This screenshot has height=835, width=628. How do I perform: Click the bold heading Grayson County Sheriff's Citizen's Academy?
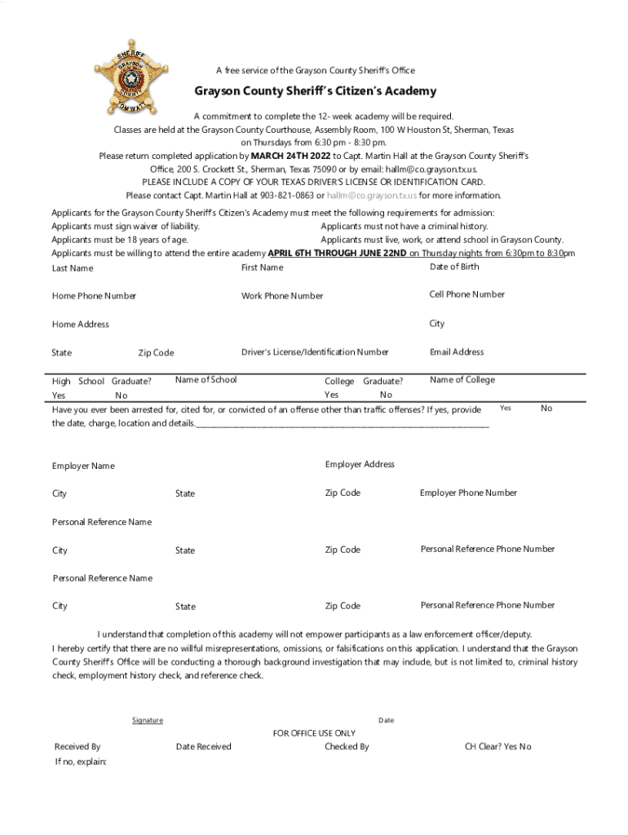(315, 91)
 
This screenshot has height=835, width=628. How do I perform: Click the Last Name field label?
(73, 268)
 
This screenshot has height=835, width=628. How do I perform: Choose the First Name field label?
(263, 267)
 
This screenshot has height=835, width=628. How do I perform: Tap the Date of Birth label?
(454, 267)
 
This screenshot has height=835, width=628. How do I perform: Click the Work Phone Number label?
(282, 296)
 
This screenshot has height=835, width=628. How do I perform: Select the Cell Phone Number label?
(467, 294)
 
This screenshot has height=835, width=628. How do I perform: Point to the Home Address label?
(81, 325)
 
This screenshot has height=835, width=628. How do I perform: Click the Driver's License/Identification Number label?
(315, 352)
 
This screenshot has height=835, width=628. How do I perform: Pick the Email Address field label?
(457, 352)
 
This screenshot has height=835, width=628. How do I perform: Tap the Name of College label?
(462, 379)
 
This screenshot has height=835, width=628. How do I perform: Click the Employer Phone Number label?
(468, 493)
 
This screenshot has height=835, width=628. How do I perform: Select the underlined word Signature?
(148, 720)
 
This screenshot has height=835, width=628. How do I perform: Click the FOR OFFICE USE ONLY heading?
(314, 733)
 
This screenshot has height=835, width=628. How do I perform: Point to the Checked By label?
(347, 746)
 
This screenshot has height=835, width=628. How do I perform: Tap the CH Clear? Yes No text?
(498, 746)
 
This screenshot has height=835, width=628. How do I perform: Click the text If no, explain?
(81, 762)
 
